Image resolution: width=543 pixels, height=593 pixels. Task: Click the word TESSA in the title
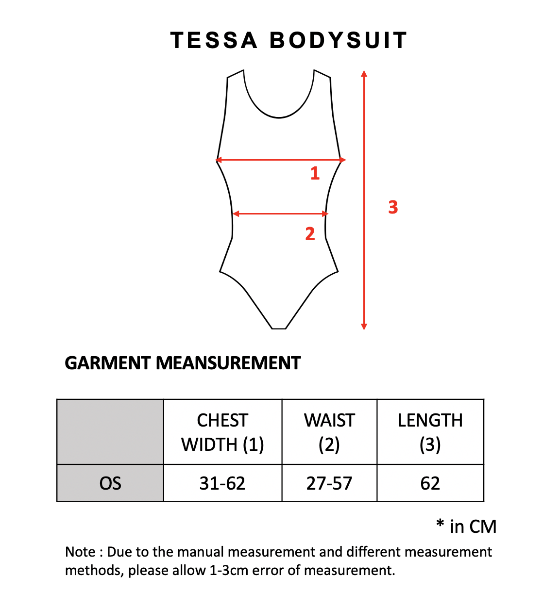(x=214, y=40)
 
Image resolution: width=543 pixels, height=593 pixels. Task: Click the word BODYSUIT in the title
(x=339, y=40)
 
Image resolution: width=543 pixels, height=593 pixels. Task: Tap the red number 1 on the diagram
(x=315, y=173)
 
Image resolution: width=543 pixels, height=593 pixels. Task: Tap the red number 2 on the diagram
(x=310, y=234)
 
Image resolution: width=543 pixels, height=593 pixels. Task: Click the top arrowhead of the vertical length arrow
(x=364, y=74)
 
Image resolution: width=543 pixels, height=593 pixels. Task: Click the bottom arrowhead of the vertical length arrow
(x=364, y=327)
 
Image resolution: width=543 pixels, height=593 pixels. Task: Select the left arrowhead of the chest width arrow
(x=219, y=160)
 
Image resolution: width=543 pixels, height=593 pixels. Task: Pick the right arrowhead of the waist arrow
(x=325, y=214)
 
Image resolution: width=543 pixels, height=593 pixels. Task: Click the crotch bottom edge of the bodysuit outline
(x=279, y=329)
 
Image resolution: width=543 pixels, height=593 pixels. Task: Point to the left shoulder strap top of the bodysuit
(x=235, y=74)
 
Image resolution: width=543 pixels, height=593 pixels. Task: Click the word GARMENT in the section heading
(x=108, y=363)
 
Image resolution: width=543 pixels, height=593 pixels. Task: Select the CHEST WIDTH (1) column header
(x=222, y=432)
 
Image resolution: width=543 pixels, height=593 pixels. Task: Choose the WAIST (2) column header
(x=329, y=432)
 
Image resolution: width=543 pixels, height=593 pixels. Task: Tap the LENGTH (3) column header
(x=430, y=432)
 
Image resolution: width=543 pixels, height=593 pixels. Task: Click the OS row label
(x=110, y=484)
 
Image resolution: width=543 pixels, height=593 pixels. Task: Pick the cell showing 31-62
(x=222, y=484)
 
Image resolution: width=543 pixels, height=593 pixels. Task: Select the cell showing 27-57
(x=329, y=484)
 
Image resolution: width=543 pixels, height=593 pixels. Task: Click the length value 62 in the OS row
(x=430, y=484)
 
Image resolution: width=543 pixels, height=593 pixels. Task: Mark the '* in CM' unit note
(x=466, y=526)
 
